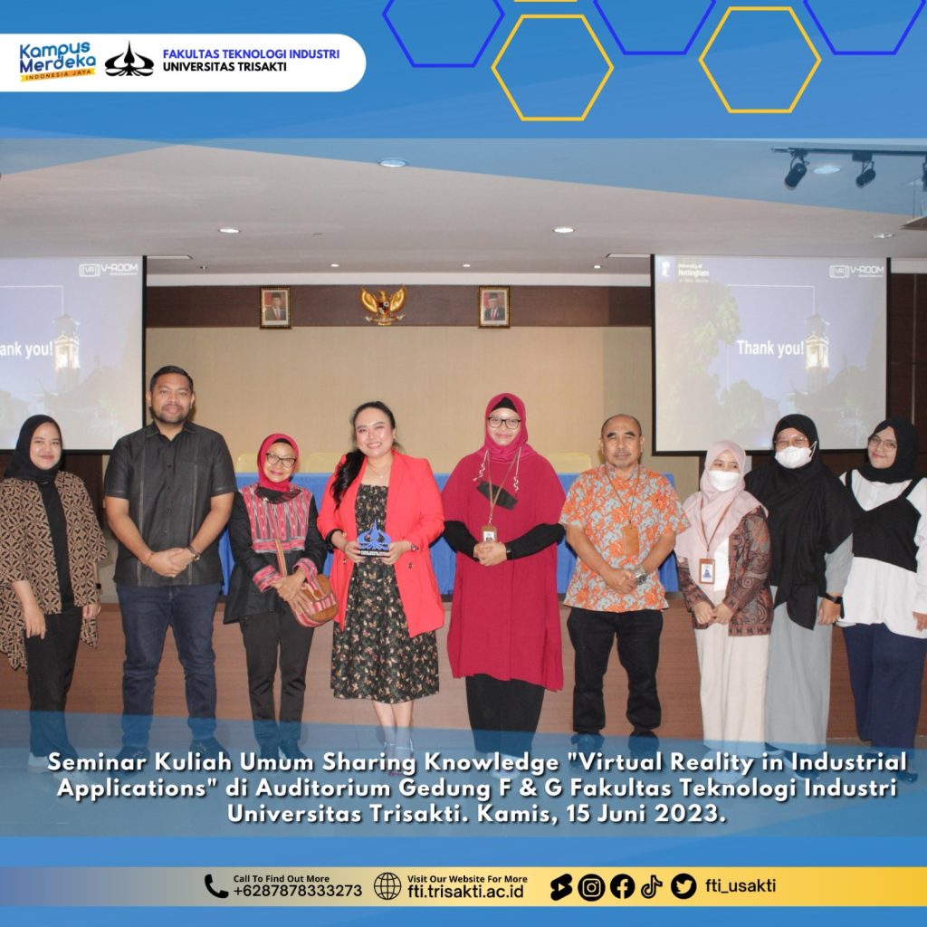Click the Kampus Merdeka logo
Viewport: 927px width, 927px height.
coord(57,61)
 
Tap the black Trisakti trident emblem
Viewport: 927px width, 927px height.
coord(129,60)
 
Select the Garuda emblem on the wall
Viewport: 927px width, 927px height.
coord(384,305)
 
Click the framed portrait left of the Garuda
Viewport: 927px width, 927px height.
coord(275,308)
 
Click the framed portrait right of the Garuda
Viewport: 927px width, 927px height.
coord(493,307)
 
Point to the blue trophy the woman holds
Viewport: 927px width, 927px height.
coord(373,539)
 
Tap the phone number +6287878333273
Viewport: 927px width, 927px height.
coord(297,891)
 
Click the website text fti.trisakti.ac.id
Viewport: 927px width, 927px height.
coord(466,891)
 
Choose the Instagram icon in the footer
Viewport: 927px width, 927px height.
coord(590,887)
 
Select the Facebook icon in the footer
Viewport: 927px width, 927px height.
coord(622,887)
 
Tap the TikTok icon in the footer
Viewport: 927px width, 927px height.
coord(652,887)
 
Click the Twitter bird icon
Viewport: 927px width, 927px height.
coord(683,887)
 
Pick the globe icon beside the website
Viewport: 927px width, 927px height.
coord(387,886)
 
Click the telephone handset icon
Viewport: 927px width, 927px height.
coord(215,887)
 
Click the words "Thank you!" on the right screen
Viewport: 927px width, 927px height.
coord(770,348)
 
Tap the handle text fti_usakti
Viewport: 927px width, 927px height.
coord(741,885)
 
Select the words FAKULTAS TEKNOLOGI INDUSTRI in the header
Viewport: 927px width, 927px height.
coord(252,53)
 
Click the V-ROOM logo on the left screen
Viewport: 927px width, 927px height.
coord(109,270)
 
